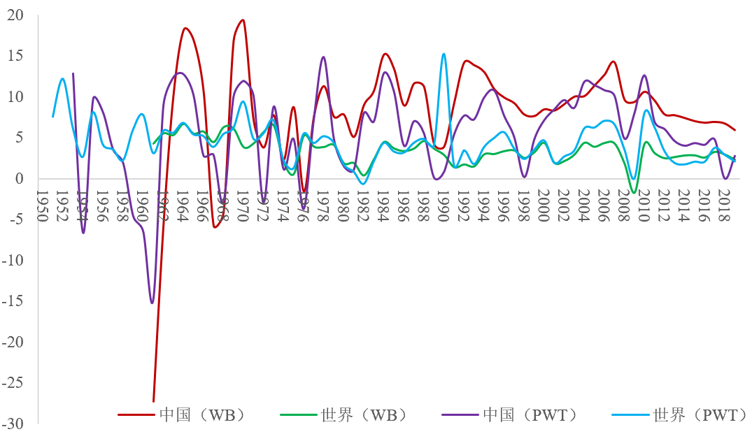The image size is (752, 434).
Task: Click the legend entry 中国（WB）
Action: (199, 414)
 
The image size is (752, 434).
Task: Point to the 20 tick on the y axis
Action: (16, 15)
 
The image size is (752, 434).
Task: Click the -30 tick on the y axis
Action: (14, 424)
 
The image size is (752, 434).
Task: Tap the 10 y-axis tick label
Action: (16, 96)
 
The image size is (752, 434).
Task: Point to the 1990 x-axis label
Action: (441, 205)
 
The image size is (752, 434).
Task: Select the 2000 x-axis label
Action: (541, 205)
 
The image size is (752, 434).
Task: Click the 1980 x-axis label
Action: (342, 205)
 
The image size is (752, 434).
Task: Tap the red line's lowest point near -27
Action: (153, 401)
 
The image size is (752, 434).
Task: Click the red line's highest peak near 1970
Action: (243, 20)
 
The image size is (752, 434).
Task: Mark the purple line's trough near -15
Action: (152, 303)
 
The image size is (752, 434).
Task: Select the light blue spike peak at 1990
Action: (444, 54)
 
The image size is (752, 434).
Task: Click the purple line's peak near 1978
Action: (323, 57)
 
